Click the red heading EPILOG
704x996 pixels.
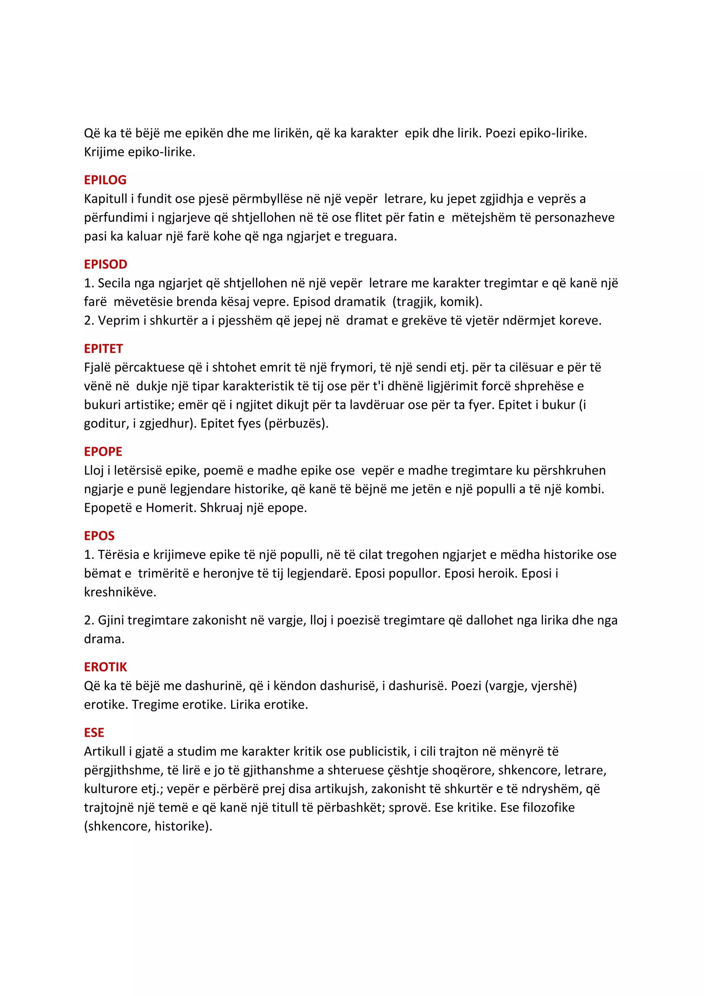[105, 180]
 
